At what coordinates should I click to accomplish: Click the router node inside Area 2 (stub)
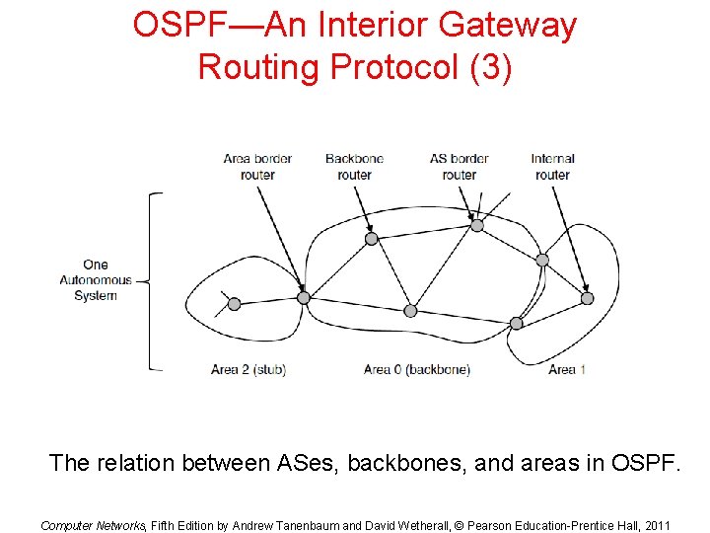[234, 304]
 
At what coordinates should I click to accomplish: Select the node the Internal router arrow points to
[587, 298]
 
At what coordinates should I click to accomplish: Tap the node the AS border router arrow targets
[477, 225]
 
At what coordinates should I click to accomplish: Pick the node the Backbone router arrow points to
[371, 238]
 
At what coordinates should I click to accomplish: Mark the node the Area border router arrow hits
[304, 297]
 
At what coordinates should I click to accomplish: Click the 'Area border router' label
[257, 167]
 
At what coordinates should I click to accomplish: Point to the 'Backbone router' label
[354, 167]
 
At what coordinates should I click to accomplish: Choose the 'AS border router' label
[460, 167]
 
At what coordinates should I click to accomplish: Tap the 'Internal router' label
[552, 167]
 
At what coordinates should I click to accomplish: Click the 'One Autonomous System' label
[96, 280]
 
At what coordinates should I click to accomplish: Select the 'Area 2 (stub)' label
[248, 370]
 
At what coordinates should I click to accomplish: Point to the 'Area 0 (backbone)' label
[417, 370]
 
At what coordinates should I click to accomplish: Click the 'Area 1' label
[568, 370]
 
